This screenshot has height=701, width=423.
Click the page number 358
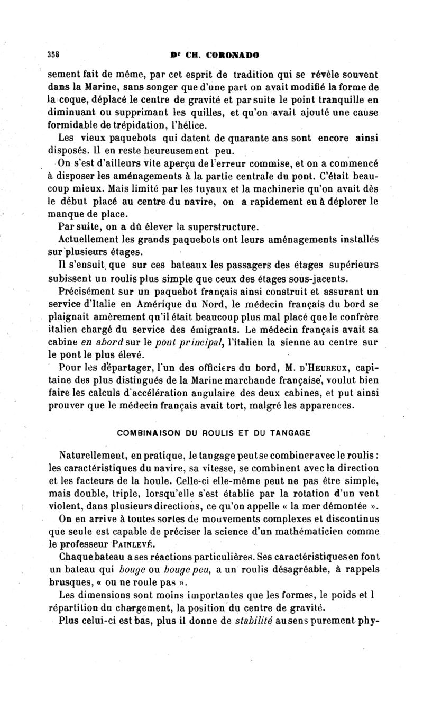(x=53, y=53)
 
